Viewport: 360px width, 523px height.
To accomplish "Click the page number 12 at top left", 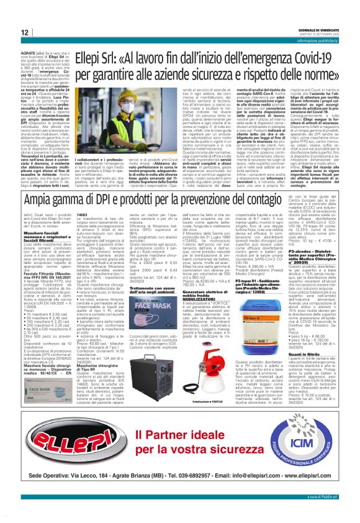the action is click(25, 32).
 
